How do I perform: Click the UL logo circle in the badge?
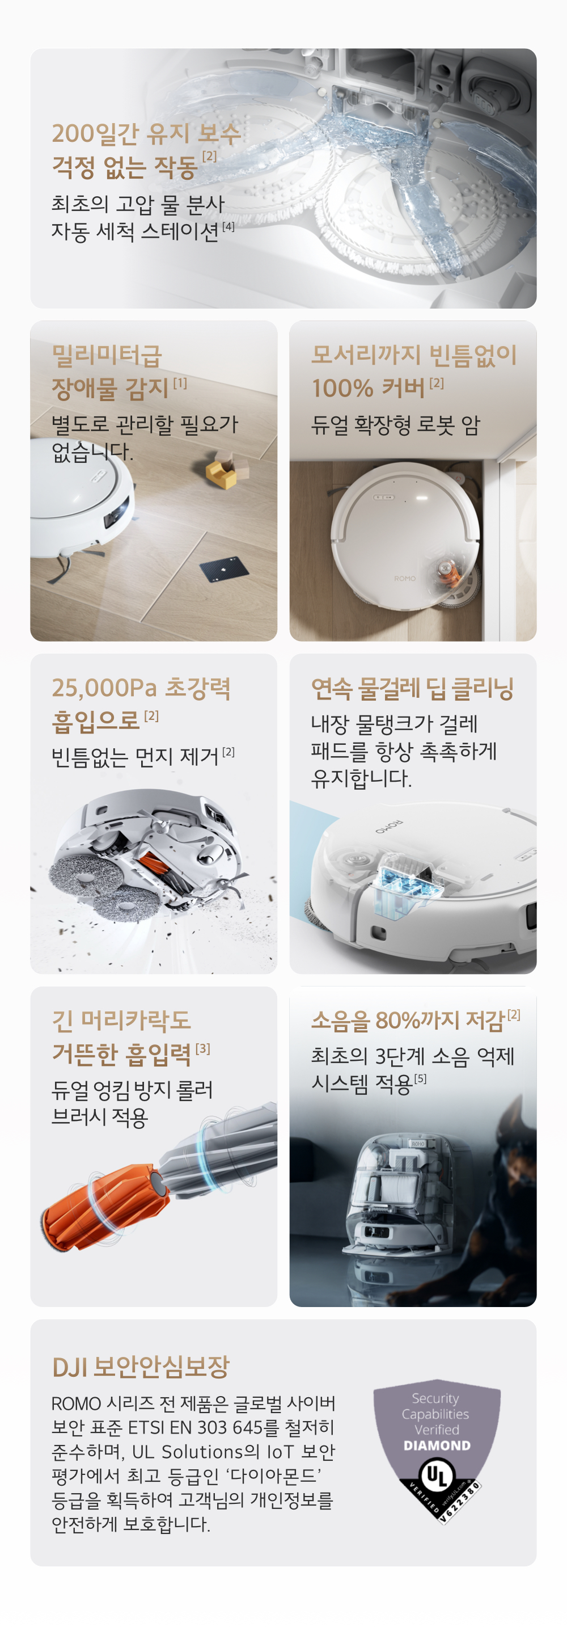[x=436, y=1475]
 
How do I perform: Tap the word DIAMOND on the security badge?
[x=437, y=1445]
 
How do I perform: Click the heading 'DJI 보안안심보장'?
[x=141, y=1366]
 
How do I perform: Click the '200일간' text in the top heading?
[x=95, y=134]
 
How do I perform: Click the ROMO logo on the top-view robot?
[x=405, y=578]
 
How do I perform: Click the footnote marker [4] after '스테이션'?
[x=228, y=226]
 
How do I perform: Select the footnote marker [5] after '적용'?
[x=420, y=1079]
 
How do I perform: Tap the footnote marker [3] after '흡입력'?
[x=202, y=1048]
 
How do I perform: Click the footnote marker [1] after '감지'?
[x=180, y=383]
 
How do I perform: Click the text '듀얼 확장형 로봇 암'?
[x=395, y=425]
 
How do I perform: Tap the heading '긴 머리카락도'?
[x=121, y=1021]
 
